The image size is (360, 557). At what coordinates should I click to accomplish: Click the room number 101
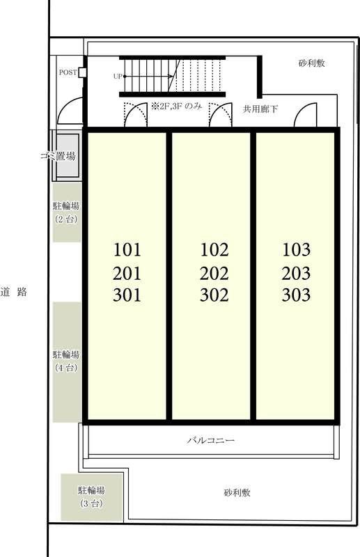tap(127, 250)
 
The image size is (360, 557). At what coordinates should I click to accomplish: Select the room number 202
tap(214, 274)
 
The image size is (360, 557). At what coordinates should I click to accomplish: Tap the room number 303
tap(296, 295)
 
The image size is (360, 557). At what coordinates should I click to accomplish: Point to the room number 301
tap(127, 295)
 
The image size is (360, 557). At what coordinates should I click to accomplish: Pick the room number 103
tap(296, 250)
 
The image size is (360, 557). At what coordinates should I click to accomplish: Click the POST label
tap(68, 72)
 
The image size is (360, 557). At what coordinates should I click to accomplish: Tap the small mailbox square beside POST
tap(82, 72)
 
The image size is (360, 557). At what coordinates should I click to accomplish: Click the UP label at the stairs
tap(118, 76)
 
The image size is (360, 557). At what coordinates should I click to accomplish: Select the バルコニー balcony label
tap(211, 441)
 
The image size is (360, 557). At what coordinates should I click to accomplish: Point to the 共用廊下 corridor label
tap(260, 109)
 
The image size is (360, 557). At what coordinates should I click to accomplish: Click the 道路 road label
tap(14, 292)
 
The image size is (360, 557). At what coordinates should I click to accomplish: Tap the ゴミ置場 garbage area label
tap(58, 155)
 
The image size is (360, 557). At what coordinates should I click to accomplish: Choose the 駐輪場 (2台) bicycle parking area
tap(66, 212)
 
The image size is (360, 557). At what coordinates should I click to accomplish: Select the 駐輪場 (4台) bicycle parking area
tap(66, 362)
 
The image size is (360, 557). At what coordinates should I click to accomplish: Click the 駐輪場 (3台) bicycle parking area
tap(92, 497)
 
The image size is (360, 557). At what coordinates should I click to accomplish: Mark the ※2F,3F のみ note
tap(176, 107)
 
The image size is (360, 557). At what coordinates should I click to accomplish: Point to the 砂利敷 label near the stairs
tap(312, 63)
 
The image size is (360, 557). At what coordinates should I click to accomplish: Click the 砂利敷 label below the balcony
tap(237, 493)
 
